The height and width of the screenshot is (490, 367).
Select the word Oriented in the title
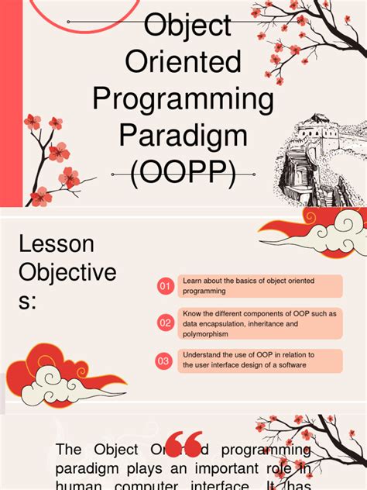coord(183,61)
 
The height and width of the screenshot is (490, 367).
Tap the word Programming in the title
coord(183,99)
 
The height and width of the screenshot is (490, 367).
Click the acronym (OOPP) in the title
coord(183,173)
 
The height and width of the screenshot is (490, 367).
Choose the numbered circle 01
coord(165,287)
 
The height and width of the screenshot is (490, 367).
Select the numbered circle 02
coord(165,323)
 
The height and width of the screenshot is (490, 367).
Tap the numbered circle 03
coord(165,361)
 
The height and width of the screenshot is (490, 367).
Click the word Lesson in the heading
coord(57,244)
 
